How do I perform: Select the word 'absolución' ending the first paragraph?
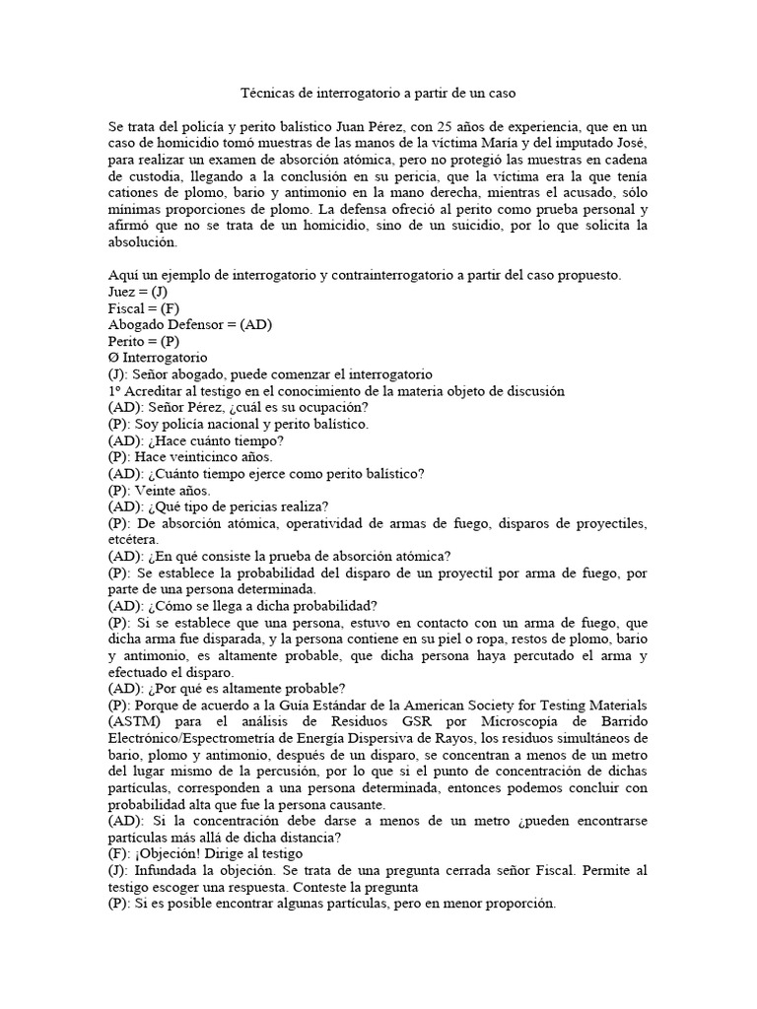tap(143, 242)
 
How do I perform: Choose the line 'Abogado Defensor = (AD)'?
tap(189, 324)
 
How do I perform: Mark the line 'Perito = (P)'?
tap(145, 340)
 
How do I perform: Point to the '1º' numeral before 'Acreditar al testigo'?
tap(114, 390)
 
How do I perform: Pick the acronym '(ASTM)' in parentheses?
tap(135, 721)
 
